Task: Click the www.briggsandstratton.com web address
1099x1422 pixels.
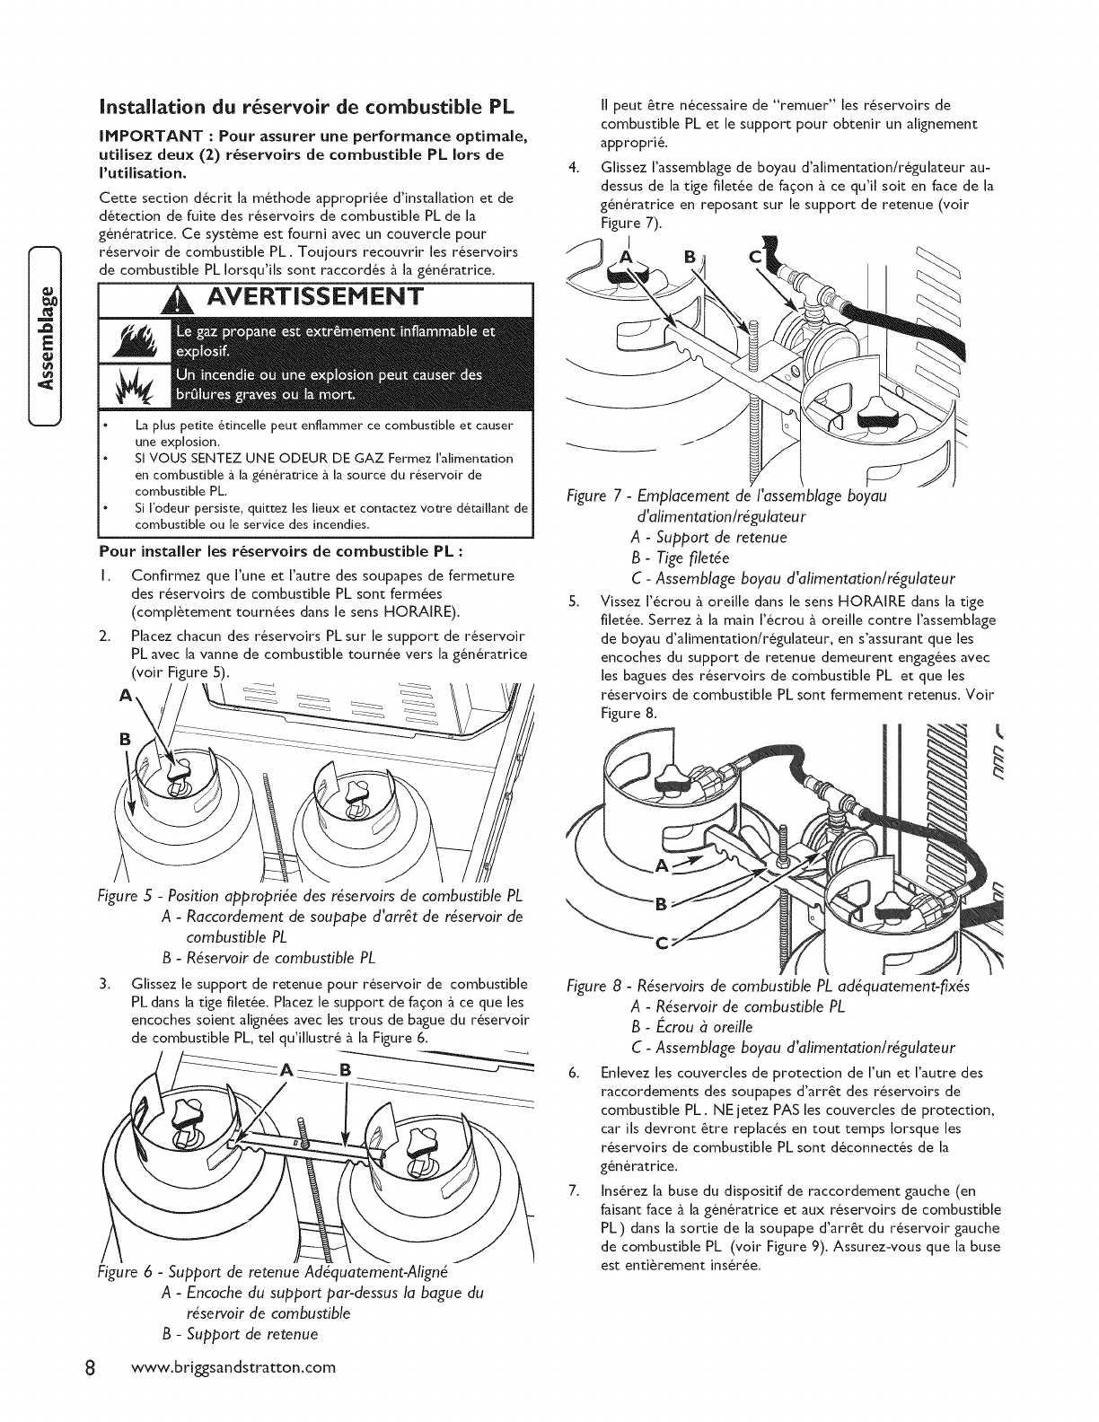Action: click(x=232, y=1368)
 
